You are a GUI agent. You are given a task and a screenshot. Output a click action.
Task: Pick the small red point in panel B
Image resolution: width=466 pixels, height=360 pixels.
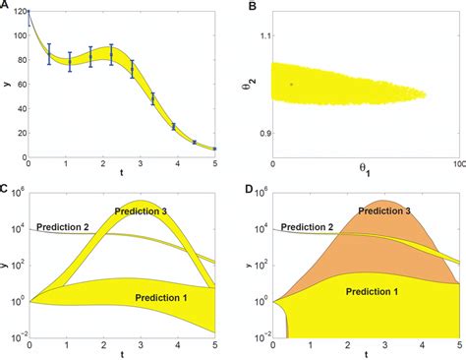point(291,85)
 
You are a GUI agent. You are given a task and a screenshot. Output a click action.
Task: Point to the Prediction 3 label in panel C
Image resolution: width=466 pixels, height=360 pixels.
point(142,210)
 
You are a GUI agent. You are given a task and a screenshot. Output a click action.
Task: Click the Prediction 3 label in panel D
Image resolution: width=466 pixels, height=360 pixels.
point(386,210)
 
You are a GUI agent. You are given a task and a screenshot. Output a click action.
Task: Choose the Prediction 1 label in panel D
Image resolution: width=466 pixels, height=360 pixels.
point(377,292)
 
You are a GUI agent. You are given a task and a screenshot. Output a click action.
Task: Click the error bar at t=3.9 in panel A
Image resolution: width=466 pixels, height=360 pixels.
point(173,127)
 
